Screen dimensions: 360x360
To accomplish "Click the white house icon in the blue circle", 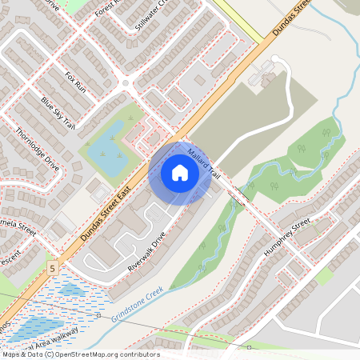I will [x=179, y=172].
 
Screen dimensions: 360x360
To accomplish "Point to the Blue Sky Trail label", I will [x=58, y=114].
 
